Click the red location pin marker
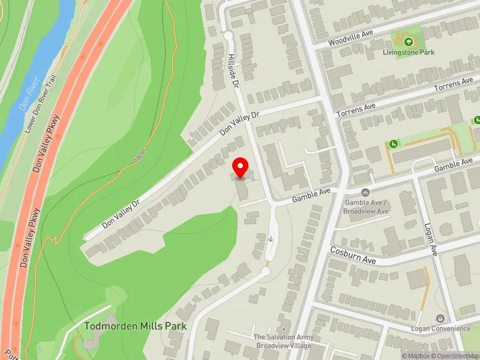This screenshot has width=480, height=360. [x=241, y=167]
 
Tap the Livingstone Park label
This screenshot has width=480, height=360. [x=409, y=52]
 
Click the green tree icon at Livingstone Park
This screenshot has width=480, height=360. [x=409, y=41]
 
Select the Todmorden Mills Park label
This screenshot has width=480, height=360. [x=136, y=326]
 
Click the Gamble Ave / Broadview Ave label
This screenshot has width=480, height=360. [x=366, y=206]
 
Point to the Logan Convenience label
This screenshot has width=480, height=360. [x=440, y=328]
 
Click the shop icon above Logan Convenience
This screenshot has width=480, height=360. [x=440, y=318]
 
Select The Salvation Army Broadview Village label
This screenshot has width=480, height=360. [x=283, y=341]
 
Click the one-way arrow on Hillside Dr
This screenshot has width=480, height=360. [x=271, y=239]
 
